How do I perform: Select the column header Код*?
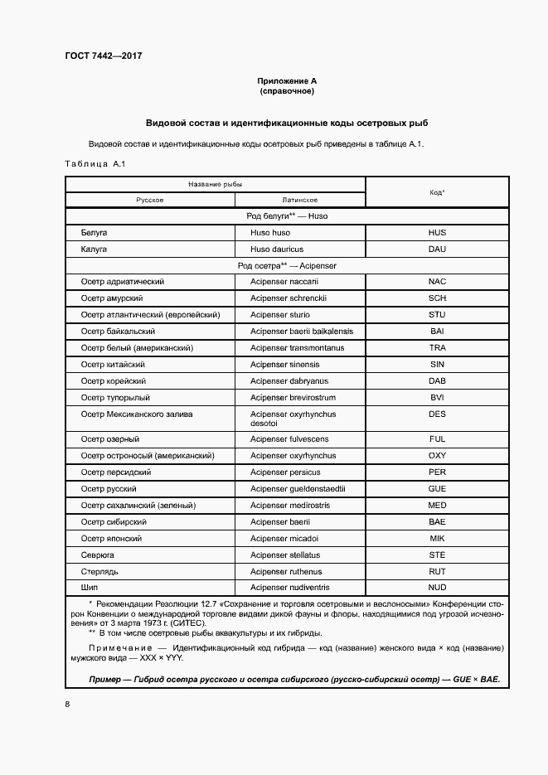437,191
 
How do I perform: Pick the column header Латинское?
300,200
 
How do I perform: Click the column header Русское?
150,200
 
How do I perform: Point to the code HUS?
437,233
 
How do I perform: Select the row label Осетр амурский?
112,298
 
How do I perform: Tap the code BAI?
437,331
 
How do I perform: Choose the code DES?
437,414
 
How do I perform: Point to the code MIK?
437,539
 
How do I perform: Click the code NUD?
437,589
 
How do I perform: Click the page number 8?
67,705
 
